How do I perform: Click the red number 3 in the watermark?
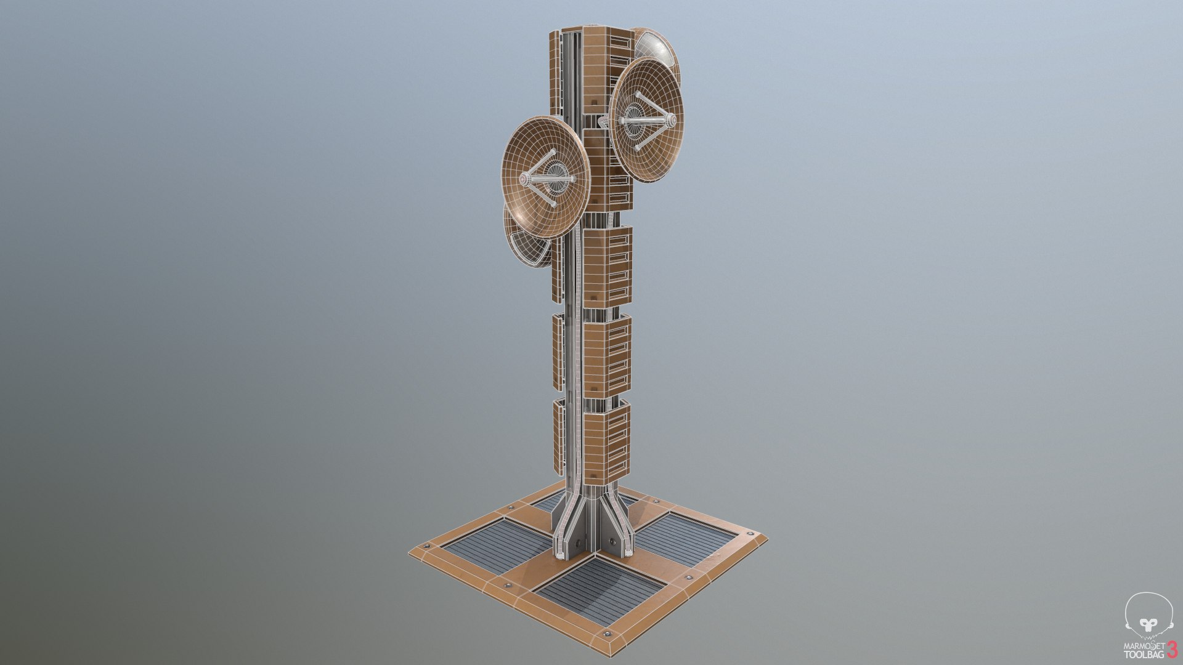point(1171,649)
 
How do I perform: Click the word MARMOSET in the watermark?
point(1144,647)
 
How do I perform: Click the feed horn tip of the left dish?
point(524,179)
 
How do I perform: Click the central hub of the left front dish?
point(557,179)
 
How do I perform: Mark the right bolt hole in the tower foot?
point(612,541)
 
